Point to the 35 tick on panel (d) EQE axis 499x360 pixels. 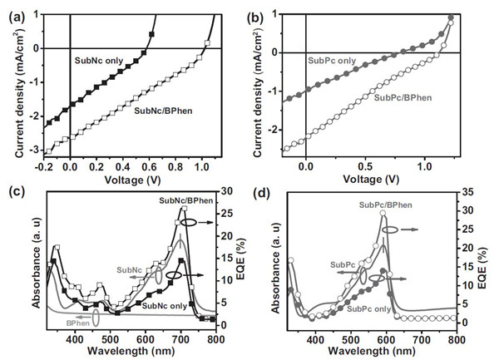click(x=471, y=192)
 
